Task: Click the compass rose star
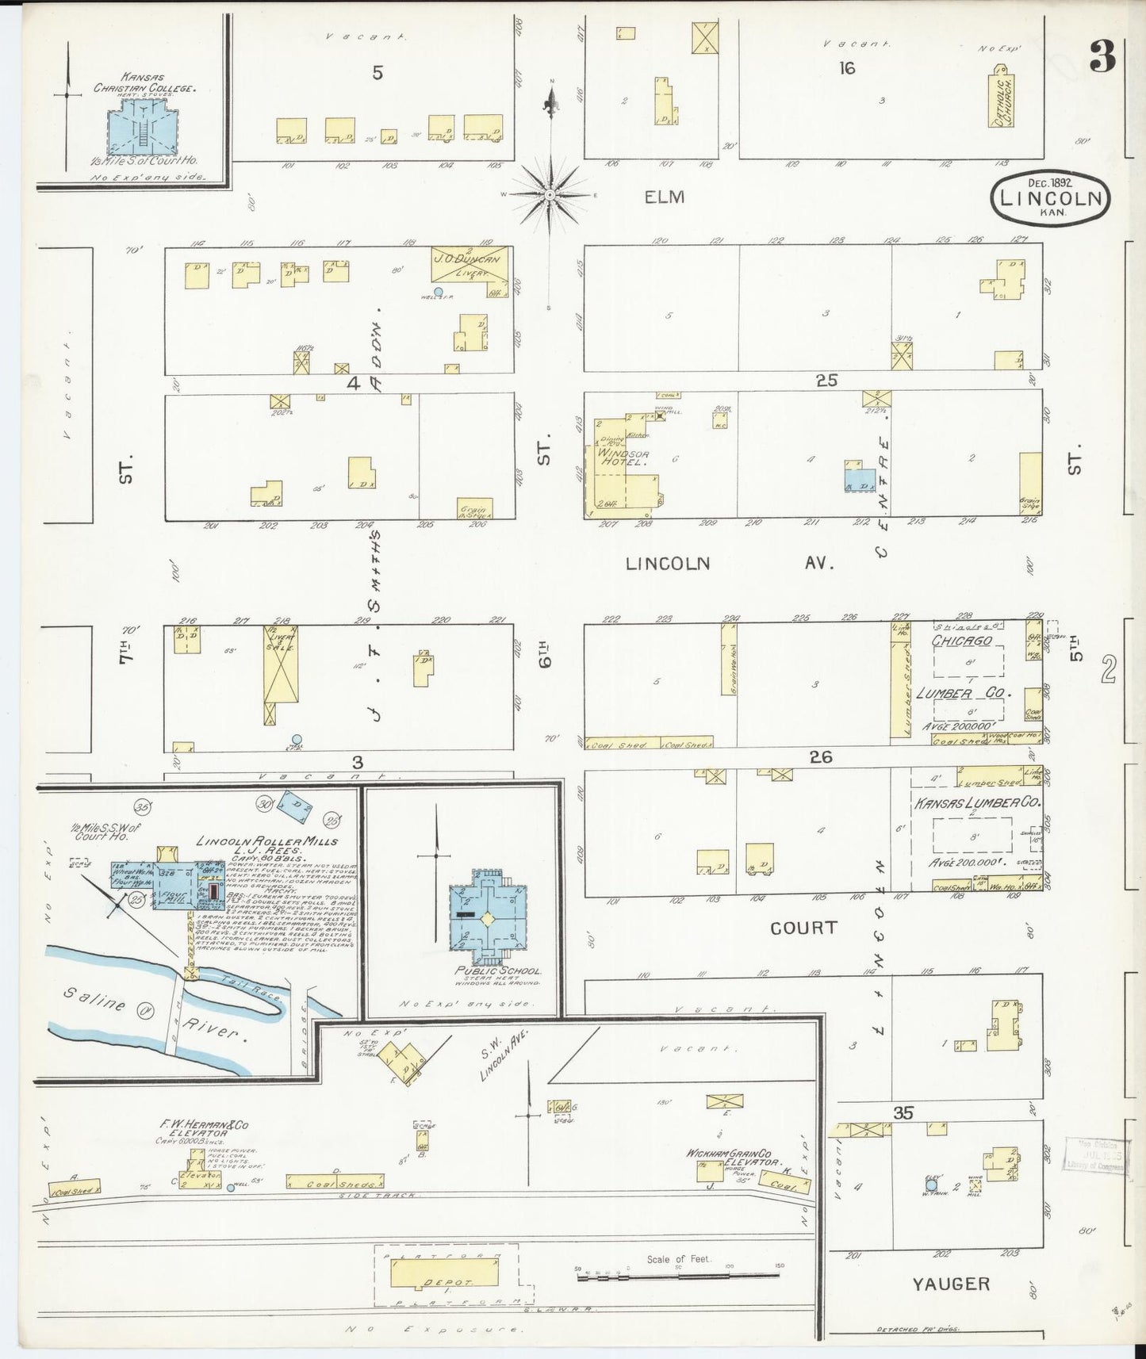(x=550, y=194)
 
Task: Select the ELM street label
(x=664, y=197)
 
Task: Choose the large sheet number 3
(x=1102, y=56)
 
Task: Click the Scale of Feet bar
(x=678, y=1276)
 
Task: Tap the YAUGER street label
(x=950, y=1284)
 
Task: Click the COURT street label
(x=803, y=928)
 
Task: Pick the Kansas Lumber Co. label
(x=976, y=803)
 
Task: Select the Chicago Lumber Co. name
(x=962, y=641)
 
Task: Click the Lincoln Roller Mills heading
(x=266, y=841)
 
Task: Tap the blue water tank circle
(x=931, y=1186)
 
